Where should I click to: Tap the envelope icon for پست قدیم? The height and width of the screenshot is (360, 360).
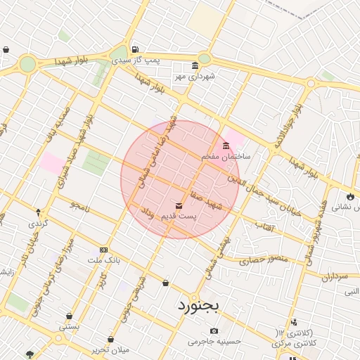pos(179,206)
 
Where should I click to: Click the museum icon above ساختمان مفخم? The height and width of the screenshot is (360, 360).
pos(226,146)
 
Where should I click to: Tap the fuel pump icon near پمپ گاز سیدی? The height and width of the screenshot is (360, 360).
pos(135,49)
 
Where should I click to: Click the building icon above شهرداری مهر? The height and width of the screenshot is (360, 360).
pos(195,65)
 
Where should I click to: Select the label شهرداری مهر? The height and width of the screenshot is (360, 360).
pos(199,75)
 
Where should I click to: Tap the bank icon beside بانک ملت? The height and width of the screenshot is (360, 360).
pos(104,250)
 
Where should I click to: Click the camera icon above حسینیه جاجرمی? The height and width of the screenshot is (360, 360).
pos(214,331)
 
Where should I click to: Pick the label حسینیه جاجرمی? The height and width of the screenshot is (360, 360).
pos(213,342)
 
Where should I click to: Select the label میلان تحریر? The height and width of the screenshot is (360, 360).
pos(112,349)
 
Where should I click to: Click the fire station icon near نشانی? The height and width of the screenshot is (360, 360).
pos(349,196)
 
